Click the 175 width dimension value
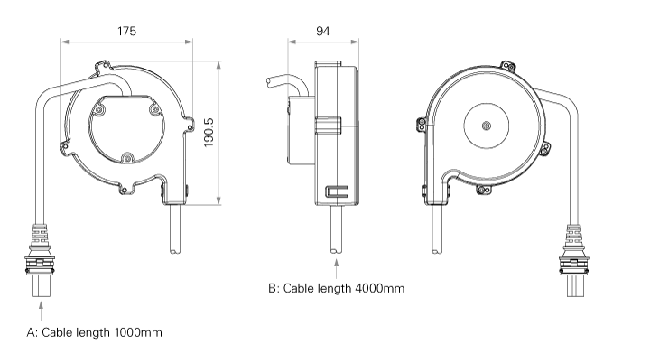126,31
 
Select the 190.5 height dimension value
209,133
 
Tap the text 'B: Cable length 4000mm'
336,289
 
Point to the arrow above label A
42,312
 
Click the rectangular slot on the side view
337,191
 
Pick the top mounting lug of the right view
508,66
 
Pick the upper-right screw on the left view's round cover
153,109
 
